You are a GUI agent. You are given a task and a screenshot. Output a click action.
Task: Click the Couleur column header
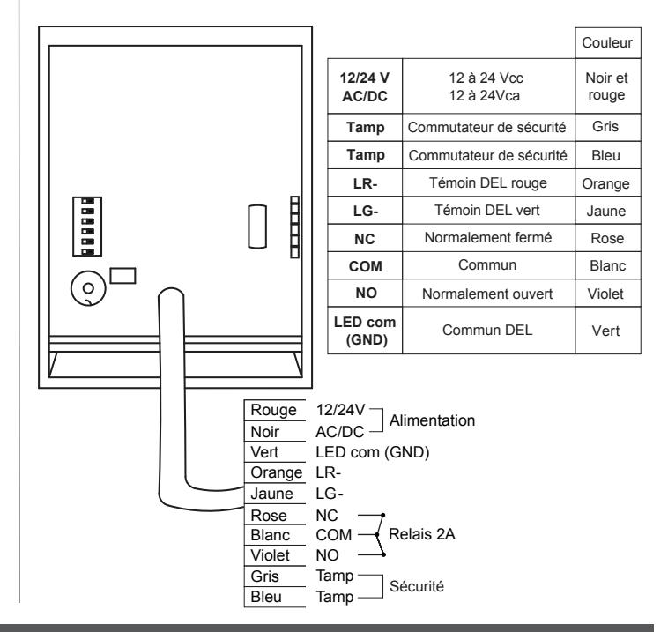coord(607,43)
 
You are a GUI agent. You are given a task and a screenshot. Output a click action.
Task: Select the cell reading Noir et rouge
coord(607,86)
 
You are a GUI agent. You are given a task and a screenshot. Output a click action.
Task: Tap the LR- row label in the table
coord(365,183)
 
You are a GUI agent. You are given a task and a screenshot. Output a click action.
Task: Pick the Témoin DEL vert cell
coord(488,211)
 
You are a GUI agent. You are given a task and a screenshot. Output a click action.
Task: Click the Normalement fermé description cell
coord(488,238)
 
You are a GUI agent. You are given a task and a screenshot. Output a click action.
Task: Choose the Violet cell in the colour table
coord(607,294)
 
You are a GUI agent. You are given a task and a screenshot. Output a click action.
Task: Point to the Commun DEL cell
coord(488,331)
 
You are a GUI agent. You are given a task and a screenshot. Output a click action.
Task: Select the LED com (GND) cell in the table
coord(365,331)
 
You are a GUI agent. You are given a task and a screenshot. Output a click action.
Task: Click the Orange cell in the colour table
coord(607,183)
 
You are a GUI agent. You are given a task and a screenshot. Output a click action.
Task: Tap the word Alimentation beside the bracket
coord(432,420)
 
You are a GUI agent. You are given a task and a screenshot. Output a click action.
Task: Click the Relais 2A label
coord(422,534)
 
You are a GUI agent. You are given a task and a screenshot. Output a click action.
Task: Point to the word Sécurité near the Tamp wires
coord(417,586)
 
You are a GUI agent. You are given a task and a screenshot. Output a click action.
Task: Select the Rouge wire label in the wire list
coord(273,410)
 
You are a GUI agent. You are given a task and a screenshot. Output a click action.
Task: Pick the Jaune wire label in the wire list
coord(271,494)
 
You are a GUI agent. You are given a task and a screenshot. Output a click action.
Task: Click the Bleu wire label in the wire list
coord(266,597)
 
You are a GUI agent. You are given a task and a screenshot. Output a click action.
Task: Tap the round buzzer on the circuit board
coord(88,288)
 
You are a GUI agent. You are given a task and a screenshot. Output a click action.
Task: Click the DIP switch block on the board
coord(87,227)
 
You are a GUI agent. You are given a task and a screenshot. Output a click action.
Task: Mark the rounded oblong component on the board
coord(257,227)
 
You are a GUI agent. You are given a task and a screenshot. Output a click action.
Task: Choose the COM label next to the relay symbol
coord(334,535)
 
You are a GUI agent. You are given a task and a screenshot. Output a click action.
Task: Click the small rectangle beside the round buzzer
coord(122,276)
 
